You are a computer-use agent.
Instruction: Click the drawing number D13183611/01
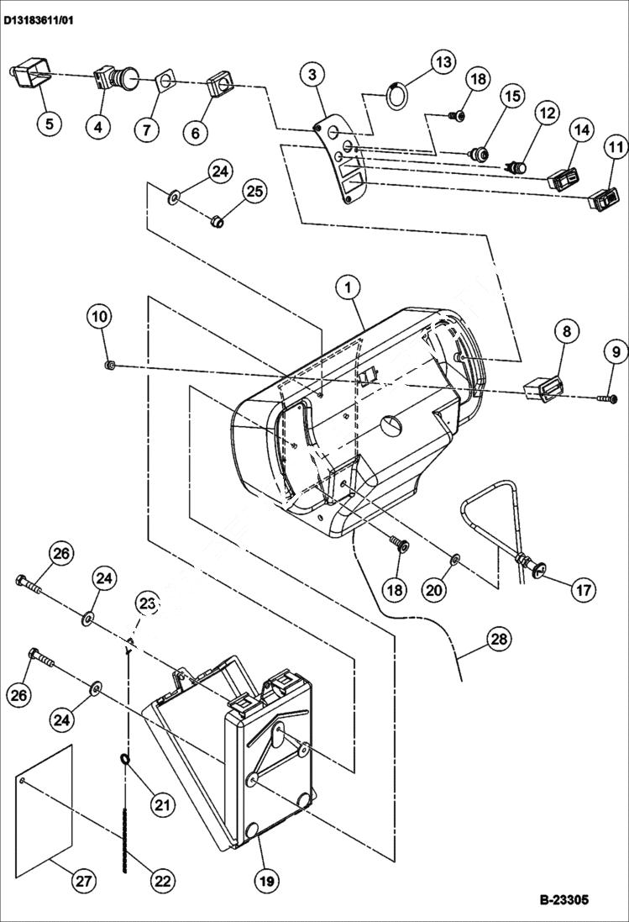click(38, 19)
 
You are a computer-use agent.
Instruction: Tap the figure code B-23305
click(563, 899)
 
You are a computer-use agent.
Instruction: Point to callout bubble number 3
click(312, 75)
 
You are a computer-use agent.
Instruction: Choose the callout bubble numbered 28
click(498, 640)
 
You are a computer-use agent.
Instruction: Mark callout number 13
click(443, 62)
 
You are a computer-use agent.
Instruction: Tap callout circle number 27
click(81, 881)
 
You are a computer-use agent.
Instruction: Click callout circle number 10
click(99, 317)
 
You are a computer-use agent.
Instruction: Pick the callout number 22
click(161, 881)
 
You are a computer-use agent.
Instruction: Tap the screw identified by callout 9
click(607, 398)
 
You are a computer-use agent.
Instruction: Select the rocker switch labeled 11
click(603, 200)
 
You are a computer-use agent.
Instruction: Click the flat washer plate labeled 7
click(165, 82)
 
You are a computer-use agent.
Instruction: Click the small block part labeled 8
click(541, 389)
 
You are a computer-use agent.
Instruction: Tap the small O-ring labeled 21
click(124, 761)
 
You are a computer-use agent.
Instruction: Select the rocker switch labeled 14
click(560, 179)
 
